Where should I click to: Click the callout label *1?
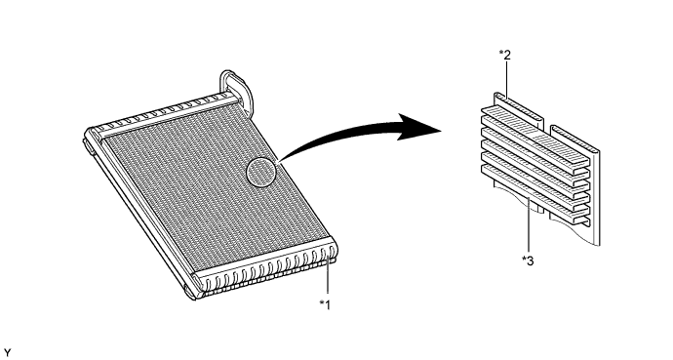[x=325, y=304]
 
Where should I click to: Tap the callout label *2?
[x=505, y=55]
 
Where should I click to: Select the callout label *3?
[x=528, y=260]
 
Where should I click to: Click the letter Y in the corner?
[x=7, y=353]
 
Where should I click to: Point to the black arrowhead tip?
[x=442, y=130]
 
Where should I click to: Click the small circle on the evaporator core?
[x=261, y=172]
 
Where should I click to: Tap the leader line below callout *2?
[x=508, y=80]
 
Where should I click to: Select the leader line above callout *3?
[x=529, y=225]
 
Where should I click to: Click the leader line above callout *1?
[x=328, y=277]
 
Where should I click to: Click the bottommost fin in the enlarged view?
[x=534, y=195]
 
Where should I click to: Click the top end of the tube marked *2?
[x=496, y=95]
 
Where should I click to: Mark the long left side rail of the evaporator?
[x=138, y=215]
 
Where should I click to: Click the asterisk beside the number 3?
[x=524, y=259]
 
